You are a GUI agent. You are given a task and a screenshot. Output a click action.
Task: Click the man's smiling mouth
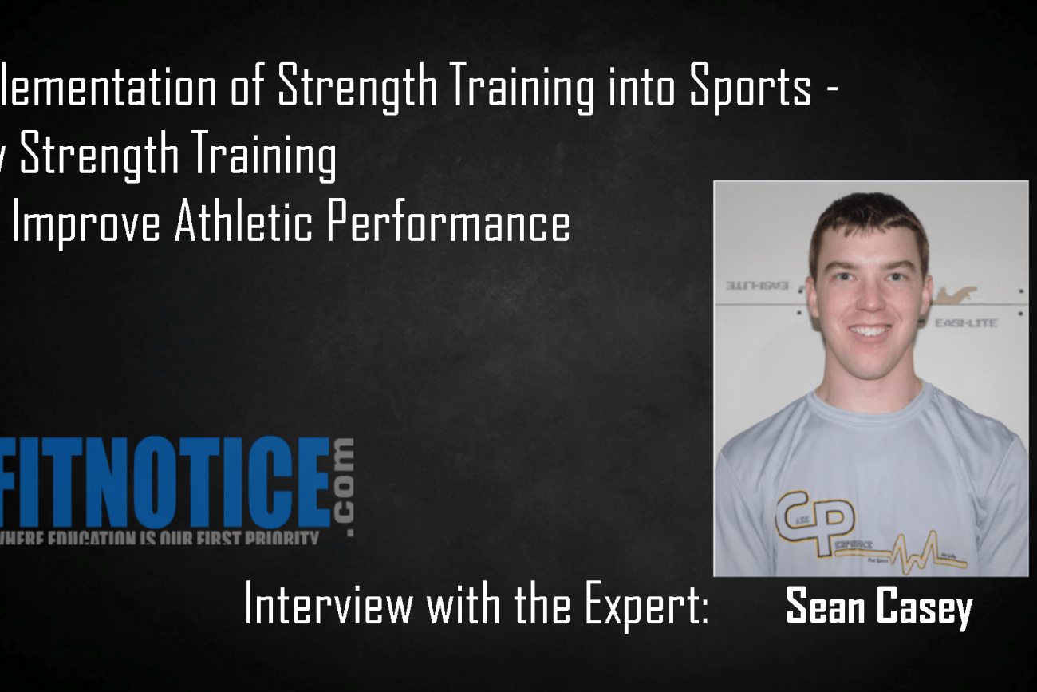coord(869,330)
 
